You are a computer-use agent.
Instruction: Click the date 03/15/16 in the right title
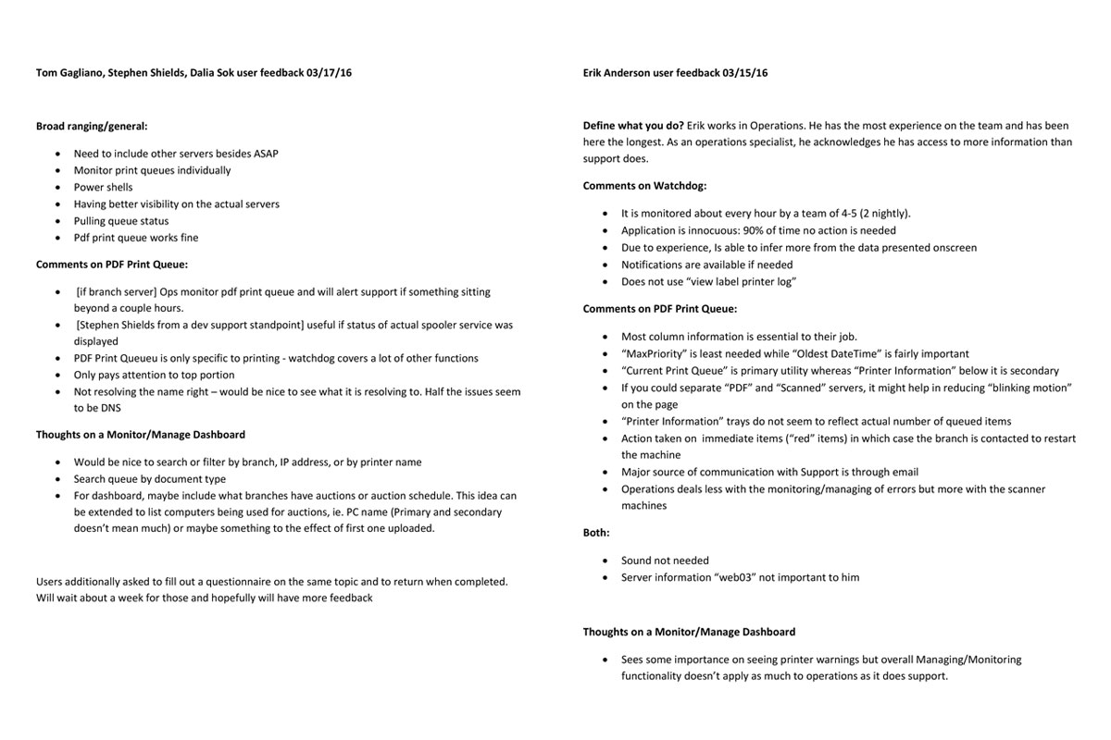745,73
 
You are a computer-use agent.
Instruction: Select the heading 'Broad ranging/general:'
92,126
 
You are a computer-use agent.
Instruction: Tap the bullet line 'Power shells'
103,187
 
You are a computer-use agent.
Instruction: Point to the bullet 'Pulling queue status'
121,221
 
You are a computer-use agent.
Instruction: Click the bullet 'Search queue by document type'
149,479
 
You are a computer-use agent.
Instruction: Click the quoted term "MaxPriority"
656,353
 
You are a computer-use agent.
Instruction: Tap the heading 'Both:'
596,533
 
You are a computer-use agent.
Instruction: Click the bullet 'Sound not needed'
665,561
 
